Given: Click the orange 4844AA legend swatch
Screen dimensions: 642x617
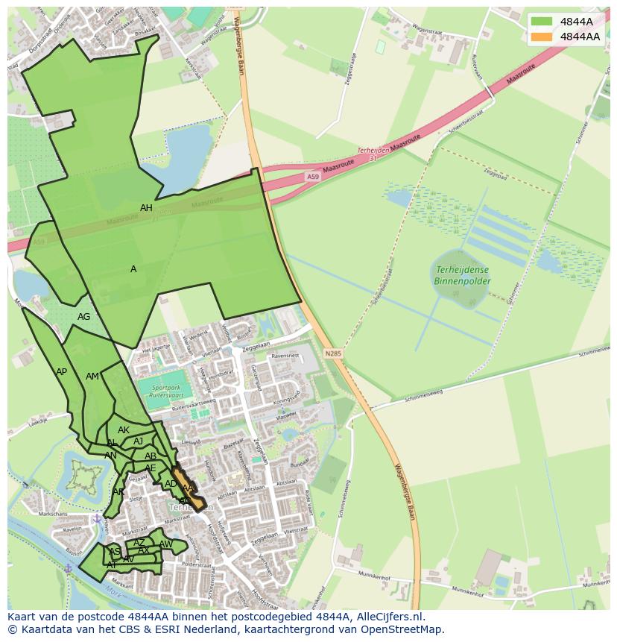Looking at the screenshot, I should (541, 37).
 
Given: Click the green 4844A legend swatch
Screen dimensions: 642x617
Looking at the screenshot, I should (541, 22).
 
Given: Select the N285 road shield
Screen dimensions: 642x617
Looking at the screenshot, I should (333, 353).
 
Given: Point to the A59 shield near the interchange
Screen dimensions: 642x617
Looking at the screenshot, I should (314, 176).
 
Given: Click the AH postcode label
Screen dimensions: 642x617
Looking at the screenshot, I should (146, 208).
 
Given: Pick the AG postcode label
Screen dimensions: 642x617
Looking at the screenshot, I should (83, 317).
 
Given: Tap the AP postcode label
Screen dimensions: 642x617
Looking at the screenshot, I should (61, 372).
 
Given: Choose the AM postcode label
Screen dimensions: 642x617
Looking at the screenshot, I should (92, 377).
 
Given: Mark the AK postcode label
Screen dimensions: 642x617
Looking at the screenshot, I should (124, 430).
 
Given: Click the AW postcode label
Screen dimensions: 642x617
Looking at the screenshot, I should (165, 544).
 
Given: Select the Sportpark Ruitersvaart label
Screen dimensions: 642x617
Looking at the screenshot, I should (165, 391).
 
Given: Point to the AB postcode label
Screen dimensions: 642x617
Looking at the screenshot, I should (151, 456).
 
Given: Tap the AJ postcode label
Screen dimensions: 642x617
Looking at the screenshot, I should (138, 441).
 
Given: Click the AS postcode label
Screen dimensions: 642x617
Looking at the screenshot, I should (115, 552).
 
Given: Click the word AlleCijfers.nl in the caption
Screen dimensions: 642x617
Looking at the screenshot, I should (388, 617).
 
